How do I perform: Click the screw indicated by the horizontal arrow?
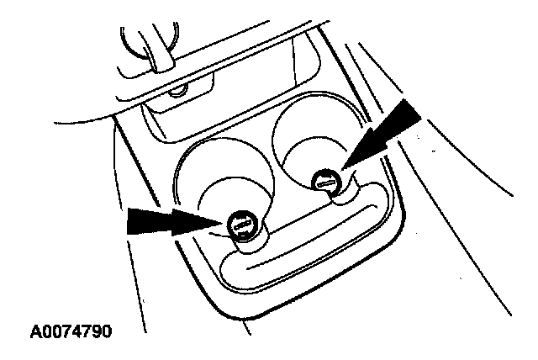(x=242, y=226)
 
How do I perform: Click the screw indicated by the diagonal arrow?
(x=325, y=179)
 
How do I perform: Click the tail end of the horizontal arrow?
(x=128, y=223)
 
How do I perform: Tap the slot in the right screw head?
(x=325, y=179)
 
